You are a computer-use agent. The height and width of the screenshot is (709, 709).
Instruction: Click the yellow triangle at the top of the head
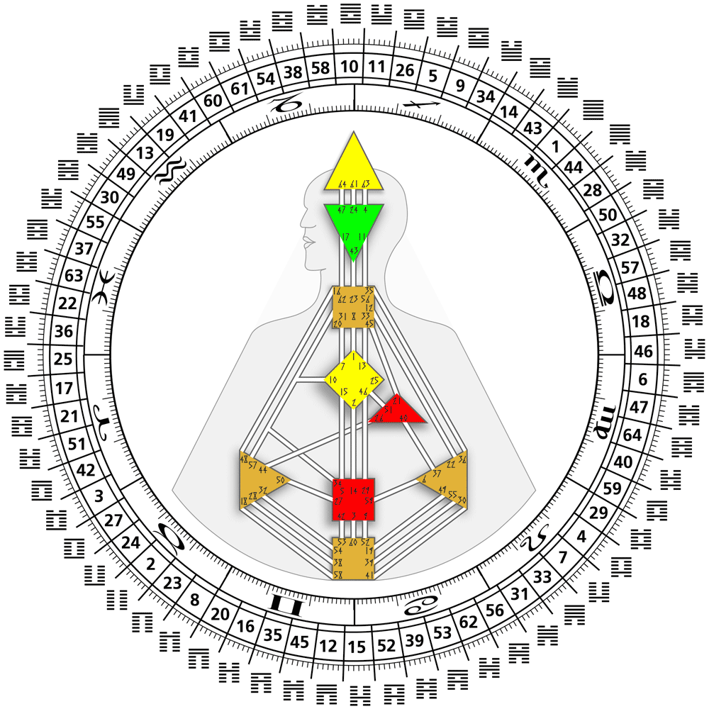354,167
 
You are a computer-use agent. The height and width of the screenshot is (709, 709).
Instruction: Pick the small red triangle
398,411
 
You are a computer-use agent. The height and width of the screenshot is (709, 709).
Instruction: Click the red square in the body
353,499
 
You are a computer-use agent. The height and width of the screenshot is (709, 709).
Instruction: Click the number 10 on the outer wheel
350,67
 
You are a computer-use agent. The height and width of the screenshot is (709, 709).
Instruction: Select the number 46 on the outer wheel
643,350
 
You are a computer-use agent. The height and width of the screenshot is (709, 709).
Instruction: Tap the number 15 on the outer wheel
358,647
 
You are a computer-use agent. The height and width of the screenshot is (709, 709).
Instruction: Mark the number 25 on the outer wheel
63,359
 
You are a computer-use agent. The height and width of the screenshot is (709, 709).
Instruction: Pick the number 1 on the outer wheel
554,146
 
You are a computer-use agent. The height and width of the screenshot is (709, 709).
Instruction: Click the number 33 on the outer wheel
542,577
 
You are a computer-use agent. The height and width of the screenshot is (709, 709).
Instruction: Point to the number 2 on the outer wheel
150,564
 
